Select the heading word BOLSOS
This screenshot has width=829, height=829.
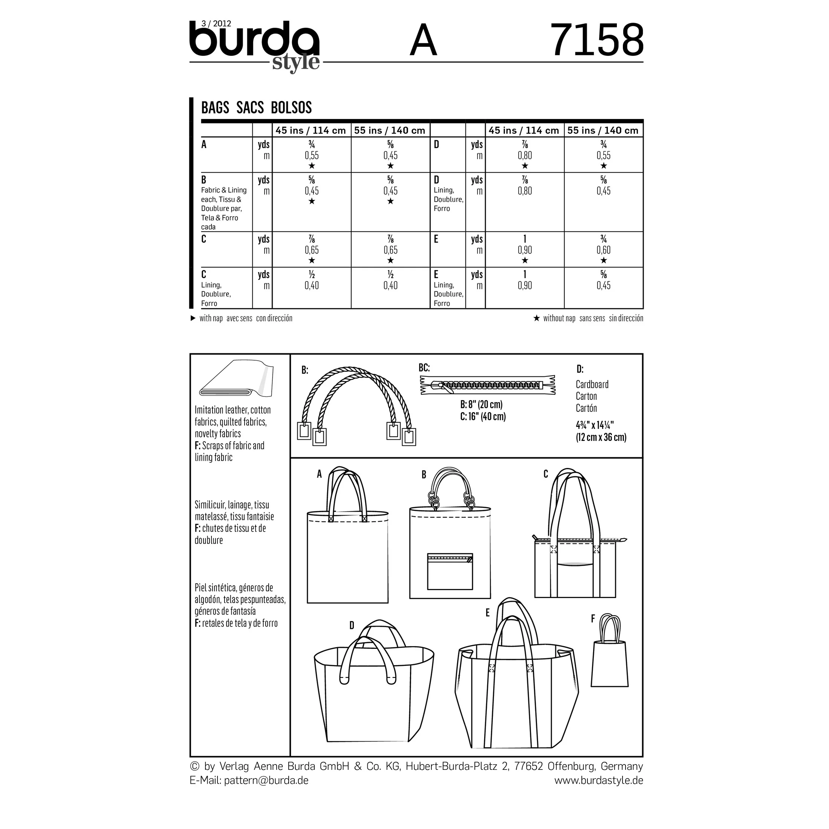291,107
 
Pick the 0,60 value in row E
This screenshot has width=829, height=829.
603,250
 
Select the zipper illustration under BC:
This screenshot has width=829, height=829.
488,384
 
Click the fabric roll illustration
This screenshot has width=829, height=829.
236,378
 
